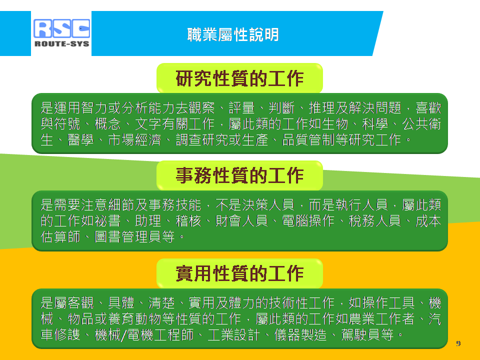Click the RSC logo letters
pos(62,28)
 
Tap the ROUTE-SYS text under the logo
pos(62,44)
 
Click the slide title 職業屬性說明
pos(233,34)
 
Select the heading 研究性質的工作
pos(239,78)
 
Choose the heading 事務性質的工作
pos(239,175)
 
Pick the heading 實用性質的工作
pos(239,273)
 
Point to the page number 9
pos(458,343)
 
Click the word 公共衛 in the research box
pos(421,124)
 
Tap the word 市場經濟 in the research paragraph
pos(134,140)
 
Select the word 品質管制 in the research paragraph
pos(308,140)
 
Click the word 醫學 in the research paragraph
pos(80,140)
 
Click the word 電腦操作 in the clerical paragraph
pos(308,220)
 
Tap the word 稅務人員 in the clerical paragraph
pos(374,220)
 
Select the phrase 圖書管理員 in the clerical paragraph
pos(128,236)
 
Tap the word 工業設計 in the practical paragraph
pos(233,334)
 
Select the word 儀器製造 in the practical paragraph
pos(300,334)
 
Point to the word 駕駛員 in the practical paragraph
pos(360,334)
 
